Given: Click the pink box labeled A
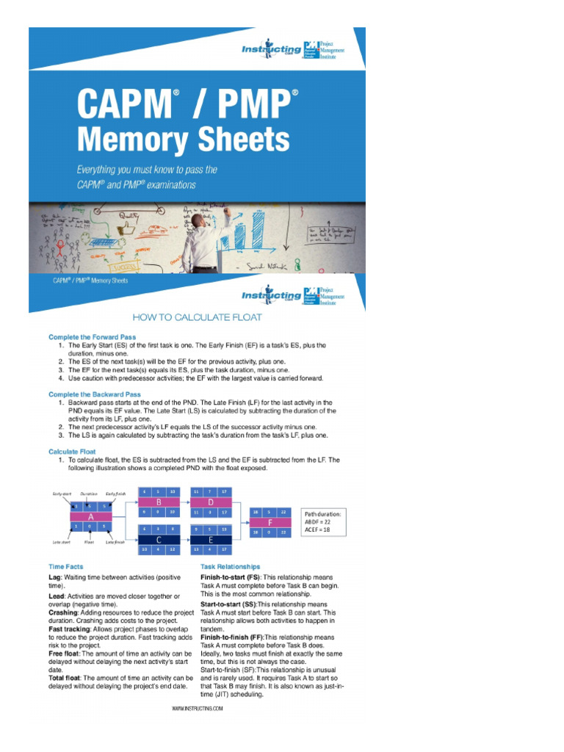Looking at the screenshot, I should (x=92, y=516).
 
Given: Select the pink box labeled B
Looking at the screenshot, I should (x=158, y=502).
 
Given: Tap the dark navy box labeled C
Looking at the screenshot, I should (x=158, y=538).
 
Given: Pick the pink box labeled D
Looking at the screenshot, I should (x=211, y=502).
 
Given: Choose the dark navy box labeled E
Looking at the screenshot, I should (x=211, y=538).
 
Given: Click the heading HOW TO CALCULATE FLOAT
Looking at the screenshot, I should (x=197, y=317).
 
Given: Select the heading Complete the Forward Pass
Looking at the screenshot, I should (x=93, y=337).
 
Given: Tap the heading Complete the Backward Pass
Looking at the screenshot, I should (x=95, y=394).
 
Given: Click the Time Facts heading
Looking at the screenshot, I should (x=65, y=567).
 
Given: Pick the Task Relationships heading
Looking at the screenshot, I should (x=230, y=567).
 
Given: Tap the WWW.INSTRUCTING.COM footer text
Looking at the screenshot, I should (x=197, y=709).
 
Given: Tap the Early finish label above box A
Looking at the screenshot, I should (x=116, y=494).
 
